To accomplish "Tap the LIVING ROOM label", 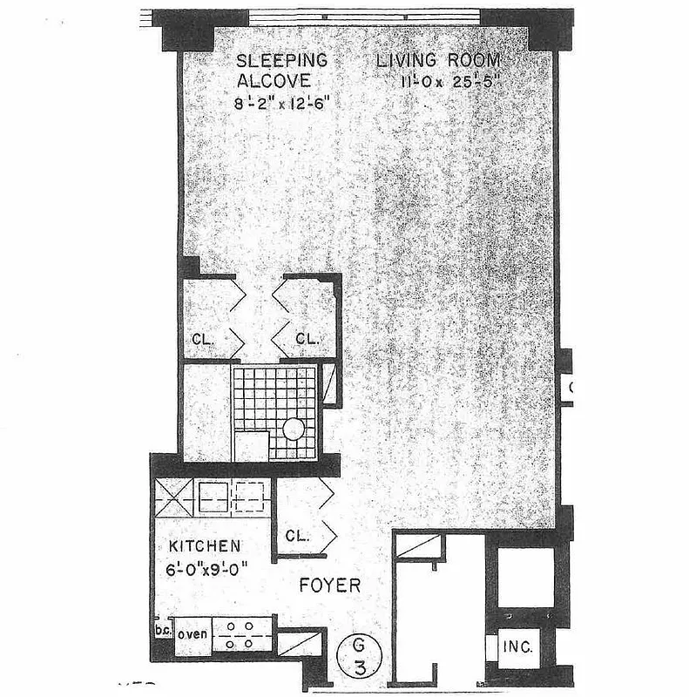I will [x=438, y=61].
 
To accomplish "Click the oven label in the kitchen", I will [x=193, y=633].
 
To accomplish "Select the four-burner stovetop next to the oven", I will [x=243, y=634].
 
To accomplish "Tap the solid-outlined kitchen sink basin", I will [x=213, y=497].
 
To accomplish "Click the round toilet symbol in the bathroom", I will [x=294, y=430].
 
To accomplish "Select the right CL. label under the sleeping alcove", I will [x=307, y=338].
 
